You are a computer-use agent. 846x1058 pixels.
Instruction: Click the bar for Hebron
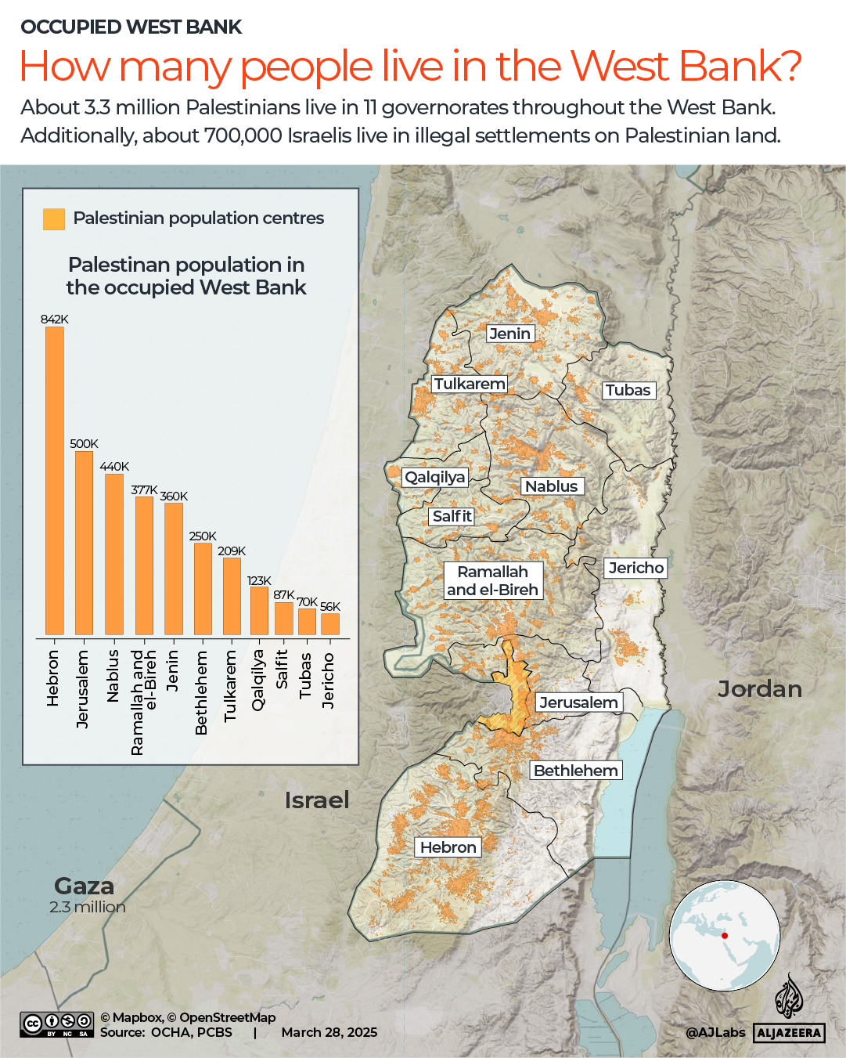pos(55,480)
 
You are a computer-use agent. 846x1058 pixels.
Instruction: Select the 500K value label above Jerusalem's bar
pos(84,443)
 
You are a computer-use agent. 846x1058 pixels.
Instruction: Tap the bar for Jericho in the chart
pos(330,623)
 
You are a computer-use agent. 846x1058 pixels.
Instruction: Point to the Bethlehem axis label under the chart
pos(201,692)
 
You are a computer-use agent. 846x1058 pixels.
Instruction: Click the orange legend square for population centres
pos(54,218)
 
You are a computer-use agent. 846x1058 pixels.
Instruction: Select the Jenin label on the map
pos(509,334)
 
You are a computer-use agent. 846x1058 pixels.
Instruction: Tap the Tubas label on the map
pos(628,390)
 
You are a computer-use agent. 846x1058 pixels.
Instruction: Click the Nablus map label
pos(551,486)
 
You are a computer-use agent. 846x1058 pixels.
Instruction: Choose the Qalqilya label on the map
pos(435,477)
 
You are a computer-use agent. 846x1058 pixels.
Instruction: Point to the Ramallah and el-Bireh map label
pos(493,580)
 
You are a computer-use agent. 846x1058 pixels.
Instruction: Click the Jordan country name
pos(759,689)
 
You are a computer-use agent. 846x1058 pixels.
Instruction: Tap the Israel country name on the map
pos(316,800)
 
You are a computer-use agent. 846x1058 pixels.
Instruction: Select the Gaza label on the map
pos(85,886)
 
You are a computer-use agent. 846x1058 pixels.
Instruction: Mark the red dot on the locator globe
pos(725,936)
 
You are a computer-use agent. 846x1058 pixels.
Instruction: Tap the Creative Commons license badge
pos(57,1024)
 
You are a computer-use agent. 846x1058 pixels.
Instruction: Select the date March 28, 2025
pos(329,1032)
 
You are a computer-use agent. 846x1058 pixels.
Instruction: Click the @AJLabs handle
pos(715,1032)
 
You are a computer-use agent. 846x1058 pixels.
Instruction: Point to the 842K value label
pos(55,319)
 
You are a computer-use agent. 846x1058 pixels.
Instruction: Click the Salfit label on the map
pos(452,516)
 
